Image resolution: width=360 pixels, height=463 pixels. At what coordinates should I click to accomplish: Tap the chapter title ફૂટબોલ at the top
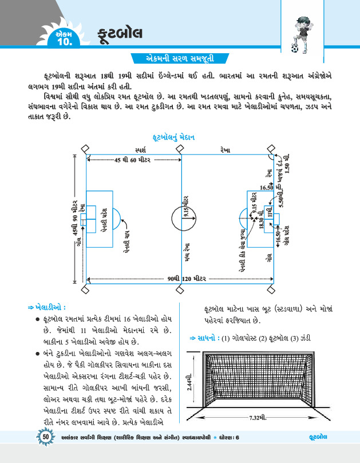point(120,32)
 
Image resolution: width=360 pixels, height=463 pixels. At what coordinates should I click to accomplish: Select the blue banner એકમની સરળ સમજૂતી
point(180,59)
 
